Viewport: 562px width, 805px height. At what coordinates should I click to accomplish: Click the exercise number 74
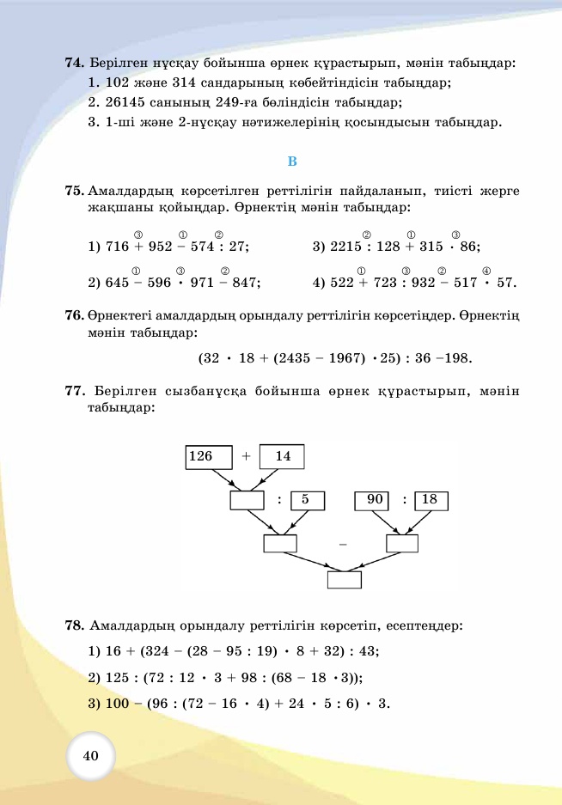[74, 64]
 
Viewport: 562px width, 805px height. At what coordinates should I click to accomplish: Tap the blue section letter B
[291, 162]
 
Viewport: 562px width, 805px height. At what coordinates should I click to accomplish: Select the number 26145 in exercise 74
[123, 103]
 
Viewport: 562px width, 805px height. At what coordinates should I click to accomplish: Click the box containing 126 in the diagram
[209, 457]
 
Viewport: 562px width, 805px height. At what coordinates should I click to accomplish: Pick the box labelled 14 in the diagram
[283, 457]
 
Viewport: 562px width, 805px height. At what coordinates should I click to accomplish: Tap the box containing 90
[373, 500]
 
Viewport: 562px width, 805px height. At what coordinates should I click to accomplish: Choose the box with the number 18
[431, 500]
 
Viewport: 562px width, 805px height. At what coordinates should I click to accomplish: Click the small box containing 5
[306, 500]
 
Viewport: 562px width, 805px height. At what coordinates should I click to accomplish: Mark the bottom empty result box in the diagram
[345, 579]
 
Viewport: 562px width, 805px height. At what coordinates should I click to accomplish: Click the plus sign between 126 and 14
[246, 457]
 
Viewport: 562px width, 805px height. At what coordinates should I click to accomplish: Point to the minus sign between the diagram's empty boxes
[343, 544]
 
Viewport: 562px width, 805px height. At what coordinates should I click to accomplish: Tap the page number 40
[91, 755]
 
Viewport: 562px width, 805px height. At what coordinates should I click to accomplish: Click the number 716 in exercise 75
[116, 247]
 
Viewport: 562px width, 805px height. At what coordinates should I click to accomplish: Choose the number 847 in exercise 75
[245, 282]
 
